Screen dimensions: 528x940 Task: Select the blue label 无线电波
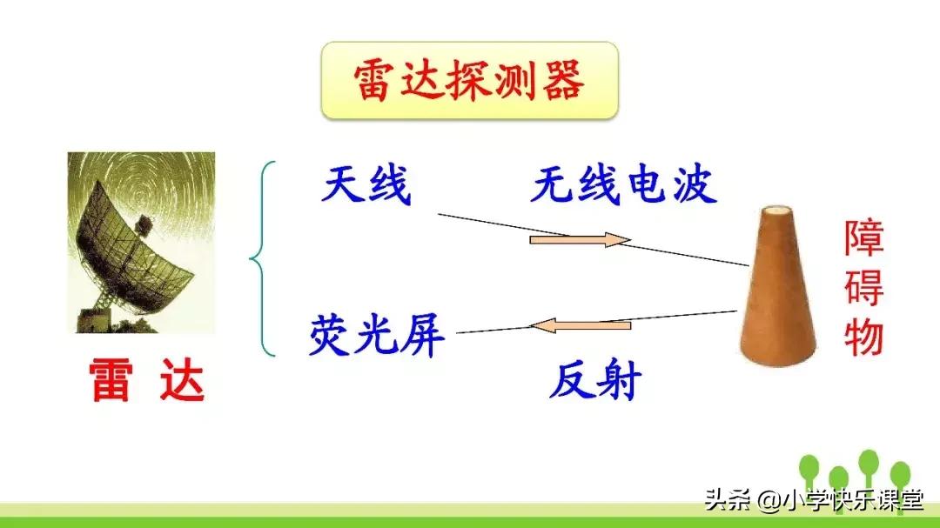coord(623,185)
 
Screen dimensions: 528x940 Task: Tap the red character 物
coord(863,336)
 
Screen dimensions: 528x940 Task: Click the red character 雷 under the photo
coord(111,380)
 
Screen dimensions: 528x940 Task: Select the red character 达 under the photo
coord(181,380)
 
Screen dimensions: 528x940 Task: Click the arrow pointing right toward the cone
coord(580,239)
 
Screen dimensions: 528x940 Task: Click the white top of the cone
coord(777,211)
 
